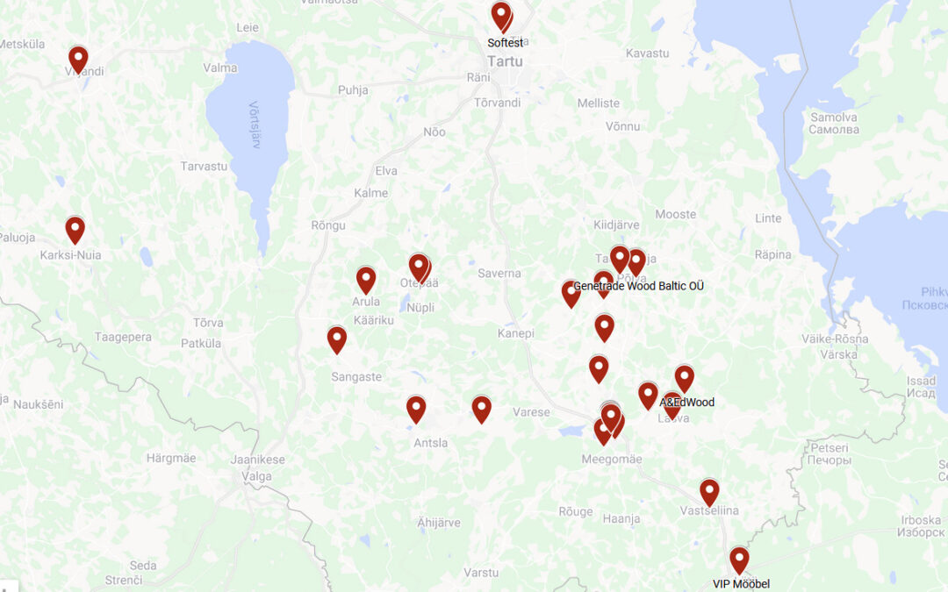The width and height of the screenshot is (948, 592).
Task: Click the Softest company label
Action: coord(506,42)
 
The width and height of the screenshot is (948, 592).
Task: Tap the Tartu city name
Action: coord(506,61)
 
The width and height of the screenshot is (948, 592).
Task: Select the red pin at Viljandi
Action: coord(78,59)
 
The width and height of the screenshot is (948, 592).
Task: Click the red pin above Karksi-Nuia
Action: coord(75,229)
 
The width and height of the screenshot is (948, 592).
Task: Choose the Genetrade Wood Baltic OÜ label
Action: coord(638,286)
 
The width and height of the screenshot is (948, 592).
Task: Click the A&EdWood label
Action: coord(687,403)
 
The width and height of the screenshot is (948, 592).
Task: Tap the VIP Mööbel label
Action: coord(741,583)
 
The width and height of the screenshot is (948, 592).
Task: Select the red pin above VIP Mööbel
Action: coord(739,559)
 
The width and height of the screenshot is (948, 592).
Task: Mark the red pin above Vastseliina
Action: coord(709,491)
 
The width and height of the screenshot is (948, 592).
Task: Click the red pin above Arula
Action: coord(366,279)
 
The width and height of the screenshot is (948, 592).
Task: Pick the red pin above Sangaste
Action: coord(337,339)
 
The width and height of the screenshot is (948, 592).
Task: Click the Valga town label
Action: coord(255,477)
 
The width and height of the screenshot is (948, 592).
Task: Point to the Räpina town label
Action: coord(772,255)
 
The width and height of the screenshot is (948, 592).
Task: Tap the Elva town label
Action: coord(386,171)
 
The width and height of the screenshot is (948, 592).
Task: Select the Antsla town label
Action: coord(430,443)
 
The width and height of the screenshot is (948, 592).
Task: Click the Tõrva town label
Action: coord(208,322)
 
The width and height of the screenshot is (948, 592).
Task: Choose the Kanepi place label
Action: coord(515,333)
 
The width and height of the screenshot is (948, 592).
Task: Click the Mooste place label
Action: coord(675,214)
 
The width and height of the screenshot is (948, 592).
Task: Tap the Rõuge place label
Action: coord(576,512)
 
